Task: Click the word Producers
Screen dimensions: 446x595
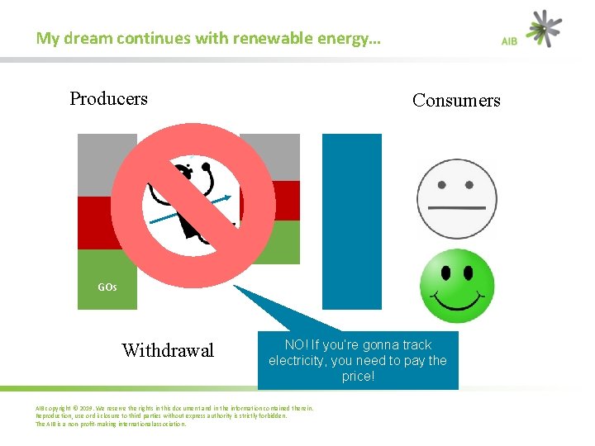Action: pyautogui.click(x=108, y=99)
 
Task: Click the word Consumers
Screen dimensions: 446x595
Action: pyautogui.click(x=456, y=101)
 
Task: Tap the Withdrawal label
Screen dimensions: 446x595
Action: pyautogui.click(x=168, y=351)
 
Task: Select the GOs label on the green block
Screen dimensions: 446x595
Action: pyautogui.click(x=107, y=287)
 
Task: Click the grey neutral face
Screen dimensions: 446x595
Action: pyautogui.click(x=456, y=199)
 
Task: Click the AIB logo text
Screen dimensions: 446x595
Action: pyautogui.click(x=510, y=40)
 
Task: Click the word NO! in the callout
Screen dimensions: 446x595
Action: pyautogui.click(x=296, y=345)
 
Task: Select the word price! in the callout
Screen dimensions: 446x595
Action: pyautogui.click(x=358, y=377)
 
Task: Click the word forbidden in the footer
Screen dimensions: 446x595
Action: pyautogui.click(x=269, y=416)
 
